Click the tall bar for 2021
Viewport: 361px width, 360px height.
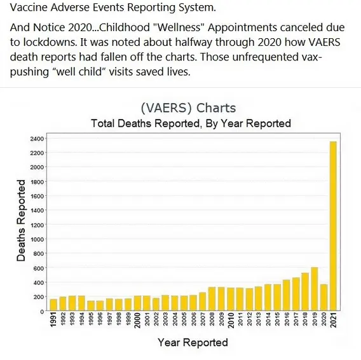click(x=333, y=226)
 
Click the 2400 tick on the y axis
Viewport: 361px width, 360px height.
click(x=37, y=139)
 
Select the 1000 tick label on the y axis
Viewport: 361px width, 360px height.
click(x=37, y=240)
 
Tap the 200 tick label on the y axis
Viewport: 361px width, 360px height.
click(x=39, y=297)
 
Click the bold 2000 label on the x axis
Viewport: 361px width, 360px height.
click(x=137, y=321)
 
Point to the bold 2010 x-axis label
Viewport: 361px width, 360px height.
click(x=231, y=321)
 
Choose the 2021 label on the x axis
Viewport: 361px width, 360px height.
click(x=333, y=321)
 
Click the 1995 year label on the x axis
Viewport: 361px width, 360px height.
click(x=91, y=321)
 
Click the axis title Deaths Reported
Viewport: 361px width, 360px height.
click(x=22, y=221)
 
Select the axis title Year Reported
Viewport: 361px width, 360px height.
click(x=193, y=343)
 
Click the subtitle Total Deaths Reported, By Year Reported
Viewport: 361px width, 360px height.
click(x=191, y=123)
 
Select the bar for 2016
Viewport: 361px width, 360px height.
click(x=286, y=296)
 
